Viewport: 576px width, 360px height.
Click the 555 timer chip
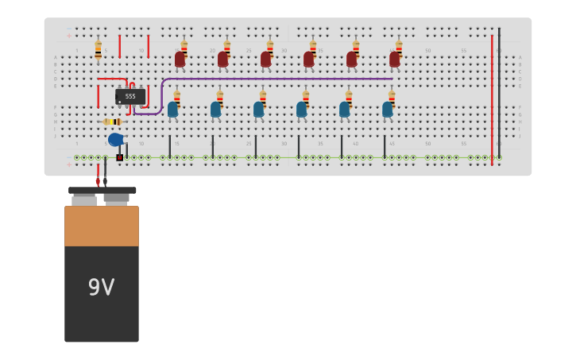(x=130, y=97)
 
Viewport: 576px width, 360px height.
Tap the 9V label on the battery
(x=101, y=288)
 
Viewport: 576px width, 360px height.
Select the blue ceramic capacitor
(x=116, y=140)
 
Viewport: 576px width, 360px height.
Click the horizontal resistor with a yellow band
(x=112, y=122)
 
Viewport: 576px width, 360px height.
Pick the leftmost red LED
(x=180, y=60)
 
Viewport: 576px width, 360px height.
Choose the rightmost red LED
(x=394, y=60)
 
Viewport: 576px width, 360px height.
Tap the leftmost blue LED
(x=172, y=110)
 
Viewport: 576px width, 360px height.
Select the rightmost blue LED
(x=387, y=110)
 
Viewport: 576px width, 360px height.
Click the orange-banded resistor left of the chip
(x=99, y=51)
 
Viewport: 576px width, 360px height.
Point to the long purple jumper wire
(x=278, y=79)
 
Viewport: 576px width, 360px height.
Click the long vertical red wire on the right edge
(x=492, y=95)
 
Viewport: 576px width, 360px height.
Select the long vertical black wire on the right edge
(x=499, y=95)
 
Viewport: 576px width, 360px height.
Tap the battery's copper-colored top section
(x=101, y=226)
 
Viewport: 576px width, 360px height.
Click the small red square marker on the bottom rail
(x=120, y=157)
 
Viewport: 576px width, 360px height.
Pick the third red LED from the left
(x=265, y=60)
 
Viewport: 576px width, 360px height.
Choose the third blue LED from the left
(x=258, y=110)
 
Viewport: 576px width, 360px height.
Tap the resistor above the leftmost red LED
(x=184, y=47)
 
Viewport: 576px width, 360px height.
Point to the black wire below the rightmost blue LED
(x=385, y=145)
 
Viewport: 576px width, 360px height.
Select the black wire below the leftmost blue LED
(x=170, y=145)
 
